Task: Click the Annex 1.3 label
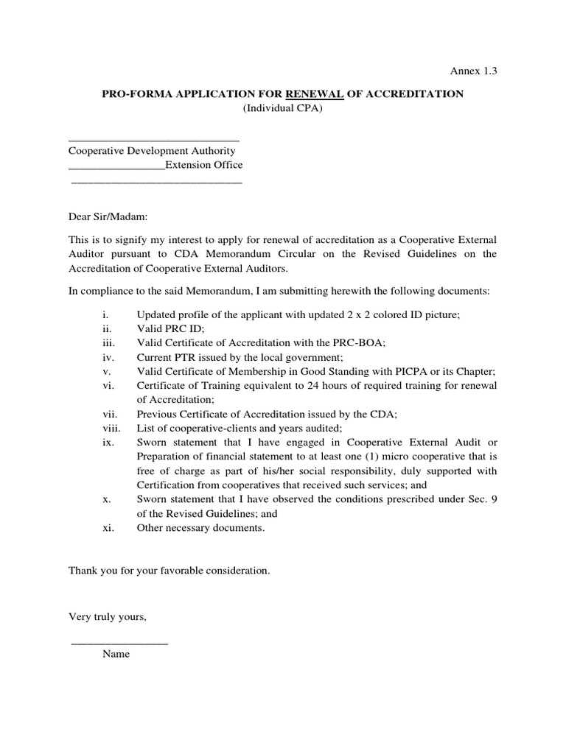click(x=475, y=71)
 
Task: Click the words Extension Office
click(x=203, y=165)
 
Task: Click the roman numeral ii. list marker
click(x=107, y=328)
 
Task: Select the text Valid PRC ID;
click(x=170, y=328)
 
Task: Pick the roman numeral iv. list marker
click(x=107, y=356)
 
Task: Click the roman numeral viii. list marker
click(x=110, y=428)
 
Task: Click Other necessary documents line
click(x=200, y=528)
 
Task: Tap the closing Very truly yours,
click(x=108, y=616)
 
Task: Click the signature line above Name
click(x=119, y=643)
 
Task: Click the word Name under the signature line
click(x=116, y=654)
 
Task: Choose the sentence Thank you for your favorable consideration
click(x=170, y=571)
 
